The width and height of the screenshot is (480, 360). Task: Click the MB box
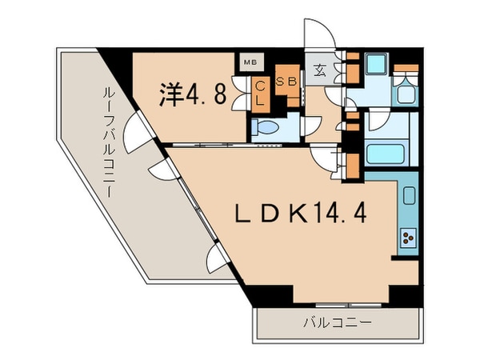[x=249, y=61]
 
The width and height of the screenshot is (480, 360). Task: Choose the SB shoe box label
[x=286, y=82]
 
